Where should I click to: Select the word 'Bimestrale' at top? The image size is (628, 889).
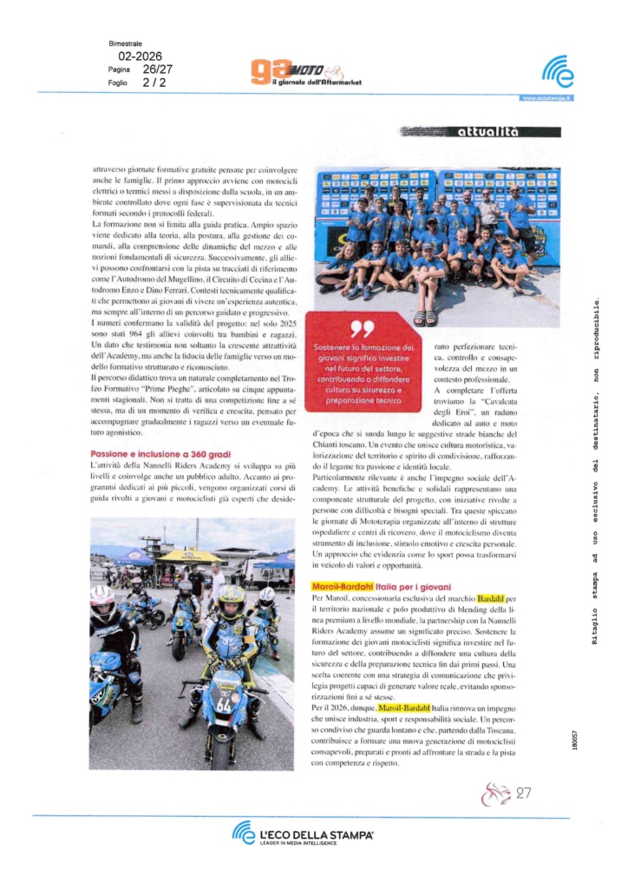[126, 43]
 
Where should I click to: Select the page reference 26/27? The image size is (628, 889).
[158, 68]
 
